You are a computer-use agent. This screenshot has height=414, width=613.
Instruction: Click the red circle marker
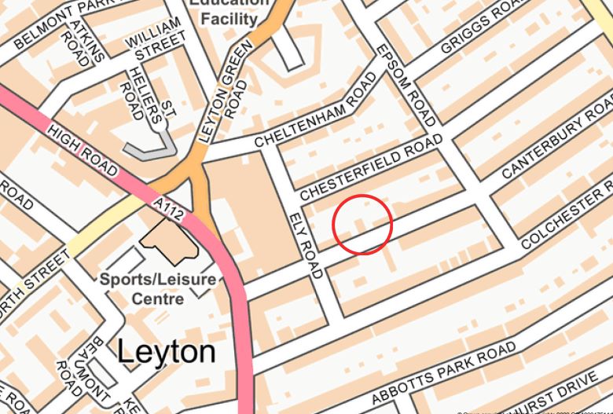click(362, 225)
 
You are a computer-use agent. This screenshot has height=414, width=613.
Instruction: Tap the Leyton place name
click(166, 352)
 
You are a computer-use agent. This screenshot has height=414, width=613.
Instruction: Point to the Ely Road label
click(306, 245)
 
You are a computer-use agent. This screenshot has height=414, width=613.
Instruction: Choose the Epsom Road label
click(406, 83)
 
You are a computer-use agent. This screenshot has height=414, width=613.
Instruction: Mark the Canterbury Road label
click(556, 135)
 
